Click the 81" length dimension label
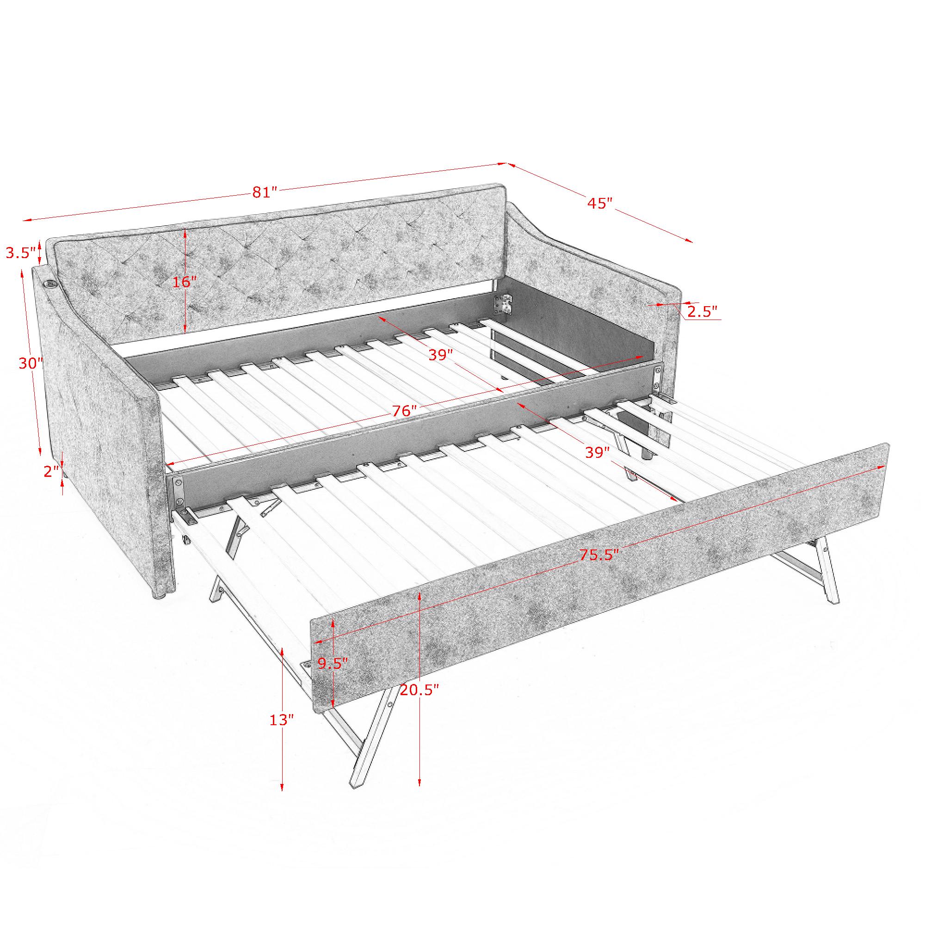tap(265, 192)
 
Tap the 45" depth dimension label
tap(600, 203)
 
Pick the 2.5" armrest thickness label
tap(703, 312)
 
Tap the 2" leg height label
tap(51, 472)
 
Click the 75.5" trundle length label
tap(599, 555)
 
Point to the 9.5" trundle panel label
tap(333, 663)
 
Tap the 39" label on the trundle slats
tap(598, 452)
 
